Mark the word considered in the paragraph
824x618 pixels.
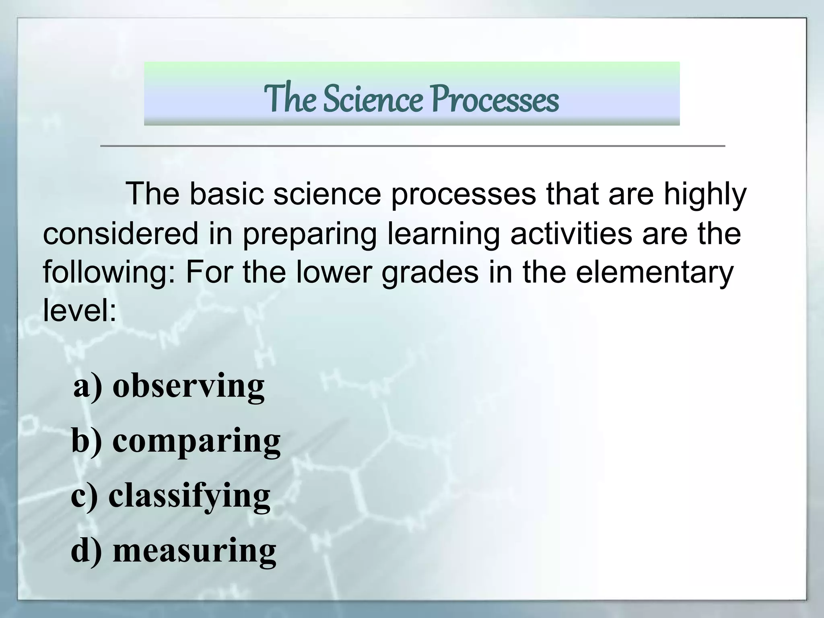pos(121,234)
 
